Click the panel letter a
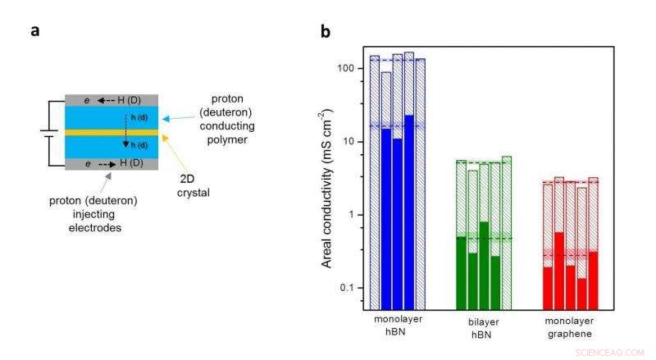pyautogui.click(x=35, y=31)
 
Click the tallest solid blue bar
pyautogui.click(x=409, y=213)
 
